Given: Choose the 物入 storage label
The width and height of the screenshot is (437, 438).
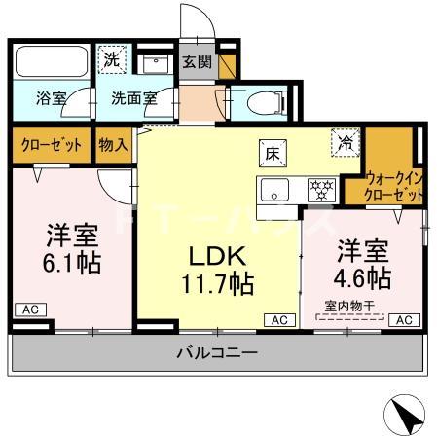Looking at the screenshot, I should pyautogui.click(x=113, y=145).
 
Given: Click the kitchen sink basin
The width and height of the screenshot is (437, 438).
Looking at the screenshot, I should pyautogui.click(x=273, y=188).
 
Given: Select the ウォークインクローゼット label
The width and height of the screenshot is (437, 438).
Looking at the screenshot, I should pyautogui.click(x=395, y=187).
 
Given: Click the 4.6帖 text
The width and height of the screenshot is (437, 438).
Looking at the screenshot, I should pyautogui.click(x=364, y=278).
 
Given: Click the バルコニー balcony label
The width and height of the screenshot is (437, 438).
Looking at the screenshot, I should pyautogui.click(x=217, y=352).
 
